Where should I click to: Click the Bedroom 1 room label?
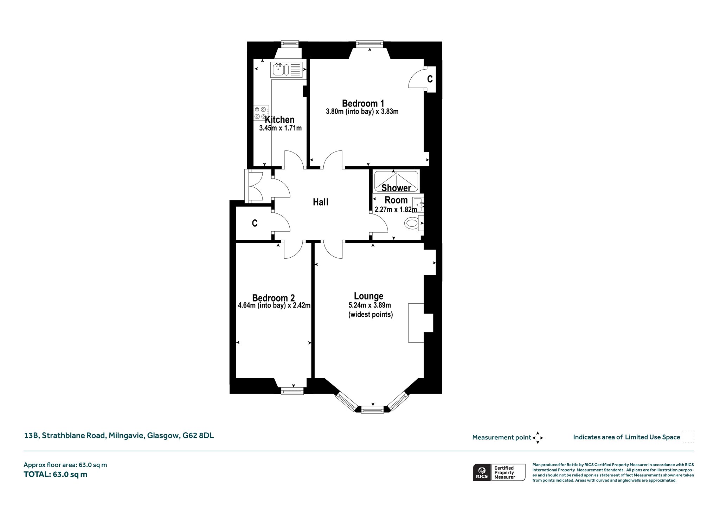(363, 103)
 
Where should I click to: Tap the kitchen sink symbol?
(287, 69)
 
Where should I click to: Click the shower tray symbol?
(396, 181)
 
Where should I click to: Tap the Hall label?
(321, 202)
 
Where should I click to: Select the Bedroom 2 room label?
(273, 298)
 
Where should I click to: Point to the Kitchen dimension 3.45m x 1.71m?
(280, 128)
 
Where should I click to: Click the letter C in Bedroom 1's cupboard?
(430, 79)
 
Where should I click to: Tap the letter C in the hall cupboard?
(255, 223)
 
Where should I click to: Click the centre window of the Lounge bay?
(372, 410)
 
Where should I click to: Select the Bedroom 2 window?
(292, 391)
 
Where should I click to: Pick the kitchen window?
(290, 44)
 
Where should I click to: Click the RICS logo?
(481, 472)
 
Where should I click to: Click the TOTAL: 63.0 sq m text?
(56, 474)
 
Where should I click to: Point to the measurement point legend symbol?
(538, 438)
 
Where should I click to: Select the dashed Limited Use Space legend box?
(688, 437)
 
